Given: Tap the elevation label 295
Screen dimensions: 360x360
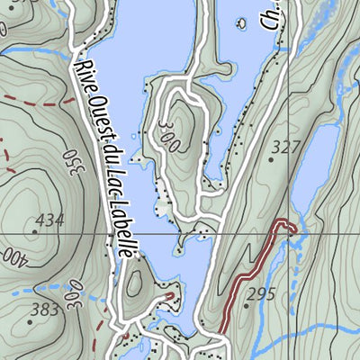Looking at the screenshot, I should tap(261, 293).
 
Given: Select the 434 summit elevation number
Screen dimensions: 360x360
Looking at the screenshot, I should tap(50, 220).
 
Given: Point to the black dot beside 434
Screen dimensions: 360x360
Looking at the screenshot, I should tap(34, 230).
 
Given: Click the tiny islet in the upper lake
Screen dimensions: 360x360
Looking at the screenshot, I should tap(242, 22).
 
